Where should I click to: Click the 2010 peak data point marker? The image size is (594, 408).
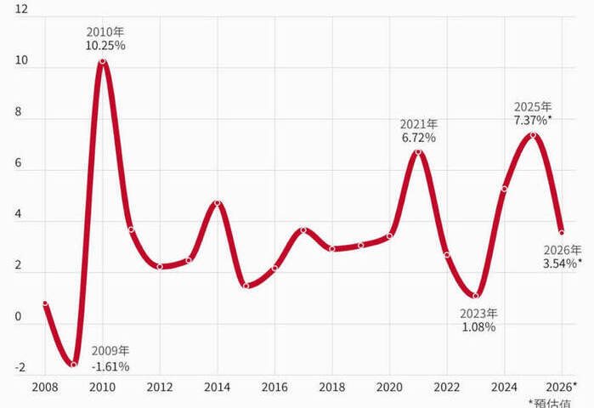click(x=103, y=61)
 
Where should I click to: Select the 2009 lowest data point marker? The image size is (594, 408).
click(x=74, y=365)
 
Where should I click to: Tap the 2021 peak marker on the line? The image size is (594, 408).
click(x=418, y=152)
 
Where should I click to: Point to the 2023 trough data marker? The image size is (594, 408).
click(x=476, y=296)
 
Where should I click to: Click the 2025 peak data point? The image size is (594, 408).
click(x=533, y=135)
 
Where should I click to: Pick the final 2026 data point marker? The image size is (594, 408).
click(x=562, y=232)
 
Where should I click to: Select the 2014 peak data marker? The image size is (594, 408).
click(x=218, y=203)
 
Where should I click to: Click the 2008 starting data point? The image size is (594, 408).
click(x=45, y=303)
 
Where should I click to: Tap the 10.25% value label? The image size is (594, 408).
click(x=105, y=46)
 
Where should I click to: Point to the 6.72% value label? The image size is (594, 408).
click(x=419, y=137)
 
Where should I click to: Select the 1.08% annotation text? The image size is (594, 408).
click(x=478, y=326)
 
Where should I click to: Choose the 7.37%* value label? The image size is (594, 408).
click(x=533, y=121)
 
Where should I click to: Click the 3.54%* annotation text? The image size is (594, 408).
click(x=562, y=263)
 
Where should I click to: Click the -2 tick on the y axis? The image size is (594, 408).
click(x=20, y=368)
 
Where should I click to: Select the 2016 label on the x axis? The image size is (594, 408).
click(x=274, y=387)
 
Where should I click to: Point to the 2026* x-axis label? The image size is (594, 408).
click(x=563, y=387)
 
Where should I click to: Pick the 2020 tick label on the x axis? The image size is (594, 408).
click(x=390, y=387)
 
